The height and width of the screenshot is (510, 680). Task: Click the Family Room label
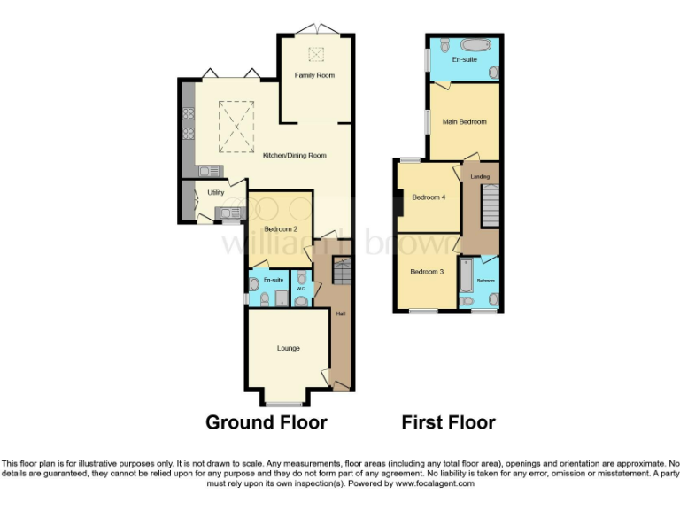[x=314, y=76]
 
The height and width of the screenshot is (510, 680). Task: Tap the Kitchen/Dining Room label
[x=294, y=156]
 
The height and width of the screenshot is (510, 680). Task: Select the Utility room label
[x=215, y=192]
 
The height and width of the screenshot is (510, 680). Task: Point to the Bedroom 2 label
[x=280, y=229]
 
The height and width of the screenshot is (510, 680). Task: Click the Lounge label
[x=288, y=348]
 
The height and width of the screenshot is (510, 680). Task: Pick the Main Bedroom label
[x=465, y=122]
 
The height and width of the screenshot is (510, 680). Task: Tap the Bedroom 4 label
[x=429, y=197]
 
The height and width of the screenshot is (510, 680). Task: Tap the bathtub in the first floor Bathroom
[x=467, y=276]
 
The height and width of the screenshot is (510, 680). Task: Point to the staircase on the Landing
[x=490, y=205]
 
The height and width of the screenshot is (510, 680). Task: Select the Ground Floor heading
[x=267, y=422]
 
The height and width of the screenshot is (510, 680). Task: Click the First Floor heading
[x=448, y=422]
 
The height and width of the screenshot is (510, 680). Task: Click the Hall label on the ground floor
[x=340, y=313]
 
